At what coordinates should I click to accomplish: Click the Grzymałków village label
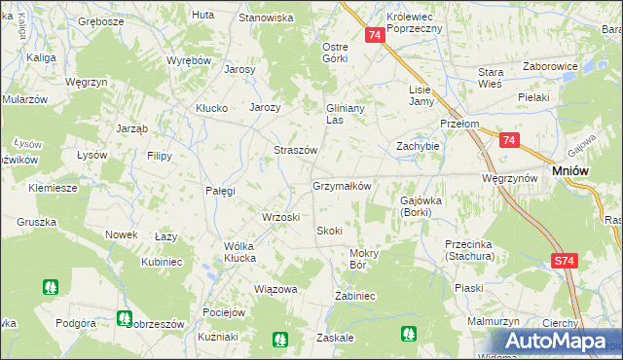click(x=341, y=185)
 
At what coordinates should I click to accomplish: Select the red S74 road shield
click(x=564, y=261)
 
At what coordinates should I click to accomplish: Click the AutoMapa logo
click(x=555, y=341)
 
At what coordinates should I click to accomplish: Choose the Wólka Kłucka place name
click(x=226, y=252)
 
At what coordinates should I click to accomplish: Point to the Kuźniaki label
click(x=217, y=336)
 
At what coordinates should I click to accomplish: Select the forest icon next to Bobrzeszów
click(x=124, y=317)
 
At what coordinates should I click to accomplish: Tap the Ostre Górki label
click(x=335, y=53)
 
